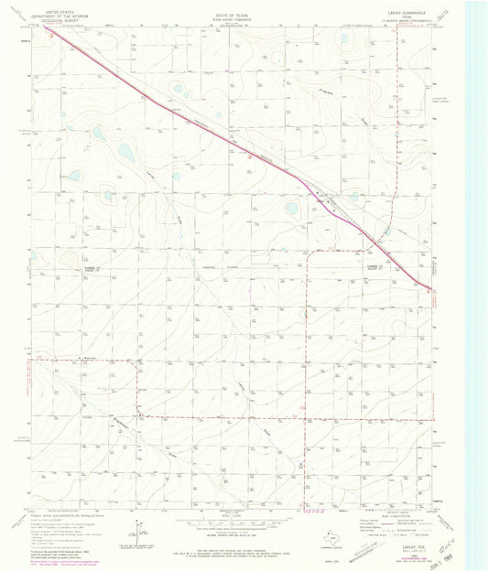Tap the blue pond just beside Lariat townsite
(x=292, y=208)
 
